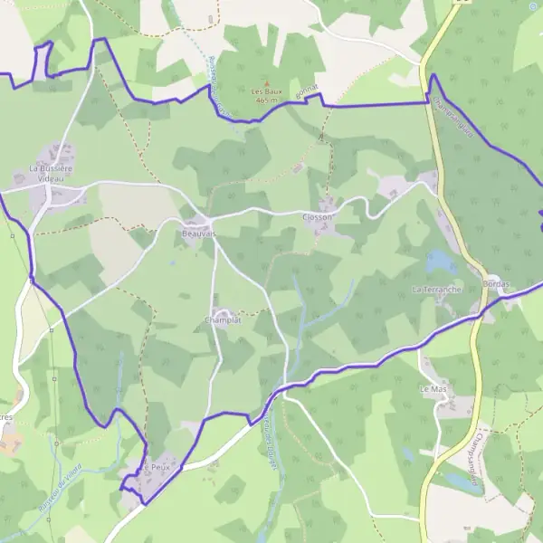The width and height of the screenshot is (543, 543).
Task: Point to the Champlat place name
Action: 224,320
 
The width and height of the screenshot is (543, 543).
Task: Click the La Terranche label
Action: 436,290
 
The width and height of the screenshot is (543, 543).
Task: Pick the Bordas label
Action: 497,285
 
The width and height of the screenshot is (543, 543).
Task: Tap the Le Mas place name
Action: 433,388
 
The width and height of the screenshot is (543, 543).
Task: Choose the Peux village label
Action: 160,467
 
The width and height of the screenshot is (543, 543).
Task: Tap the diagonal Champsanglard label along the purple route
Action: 453,118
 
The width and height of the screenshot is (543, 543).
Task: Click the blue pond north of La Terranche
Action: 441,262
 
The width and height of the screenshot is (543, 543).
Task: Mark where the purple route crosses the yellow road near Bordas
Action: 477,314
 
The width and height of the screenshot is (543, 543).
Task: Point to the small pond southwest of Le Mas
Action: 408,452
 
